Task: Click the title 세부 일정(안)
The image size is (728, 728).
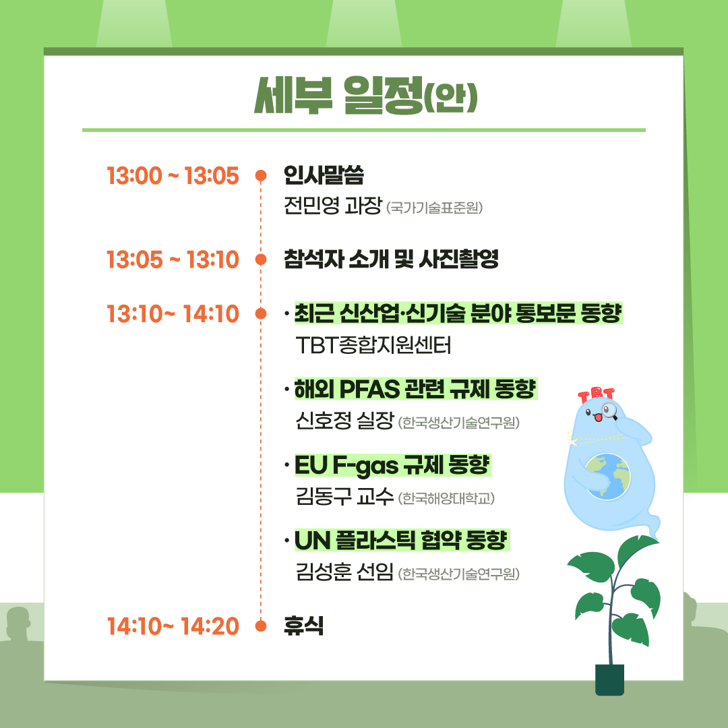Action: (x=366, y=95)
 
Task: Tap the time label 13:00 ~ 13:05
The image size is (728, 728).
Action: (x=173, y=176)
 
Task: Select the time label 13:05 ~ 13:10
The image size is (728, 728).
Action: (x=173, y=260)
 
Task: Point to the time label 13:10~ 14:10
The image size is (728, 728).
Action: (x=173, y=314)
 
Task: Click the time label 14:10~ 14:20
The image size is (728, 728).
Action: (x=173, y=626)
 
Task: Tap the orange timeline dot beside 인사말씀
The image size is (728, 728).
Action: (x=261, y=175)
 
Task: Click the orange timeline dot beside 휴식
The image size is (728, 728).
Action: (x=261, y=626)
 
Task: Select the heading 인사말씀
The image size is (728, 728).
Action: (x=324, y=175)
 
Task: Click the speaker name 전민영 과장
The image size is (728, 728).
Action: (x=333, y=205)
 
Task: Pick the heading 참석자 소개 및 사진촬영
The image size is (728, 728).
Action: (x=391, y=259)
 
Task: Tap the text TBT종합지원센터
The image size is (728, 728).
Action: (x=373, y=345)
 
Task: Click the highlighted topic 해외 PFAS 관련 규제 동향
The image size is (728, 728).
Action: (x=415, y=389)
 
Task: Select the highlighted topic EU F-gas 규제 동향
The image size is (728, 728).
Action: (x=393, y=465)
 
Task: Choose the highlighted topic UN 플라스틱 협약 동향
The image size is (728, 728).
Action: (x=402, y=541)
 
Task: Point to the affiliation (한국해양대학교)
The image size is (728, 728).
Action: (x=446, y=499)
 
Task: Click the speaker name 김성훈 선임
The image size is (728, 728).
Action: (x=344, y=572)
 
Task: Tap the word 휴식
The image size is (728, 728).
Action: (x=303, y=626)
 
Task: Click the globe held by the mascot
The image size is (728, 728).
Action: (x=607, y=477)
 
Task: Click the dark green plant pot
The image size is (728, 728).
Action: (x=609, y=679)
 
